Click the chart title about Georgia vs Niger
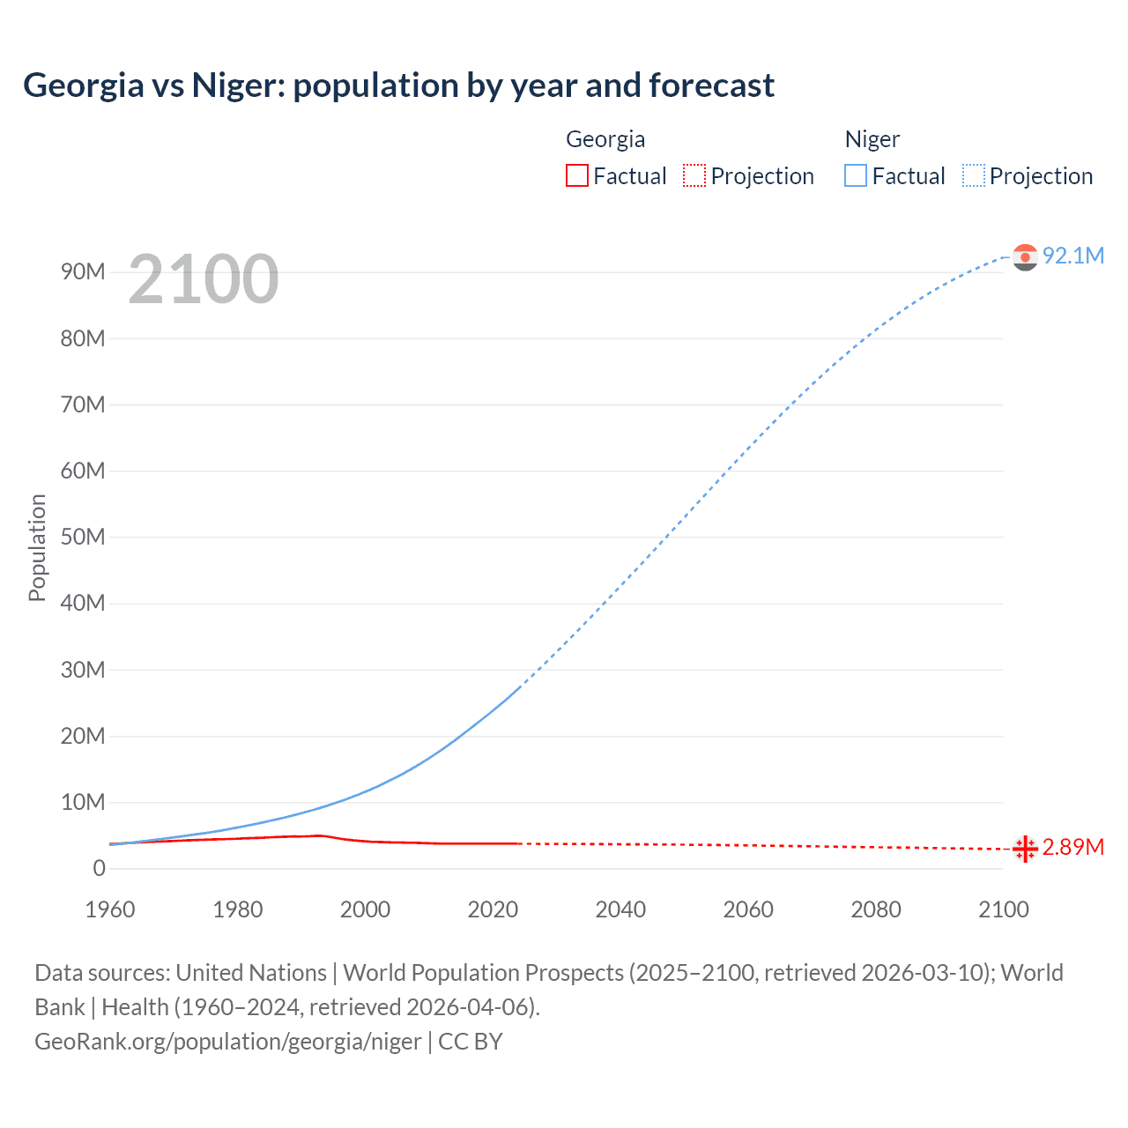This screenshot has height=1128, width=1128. [398, 85]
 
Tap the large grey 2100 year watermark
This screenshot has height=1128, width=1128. [204, 279]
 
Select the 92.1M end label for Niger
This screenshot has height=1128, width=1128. [1072, 256]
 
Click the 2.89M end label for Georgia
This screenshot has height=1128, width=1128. [1072, 847]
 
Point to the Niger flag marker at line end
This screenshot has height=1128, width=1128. [1025, 256]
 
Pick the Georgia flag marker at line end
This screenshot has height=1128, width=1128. [1025, 849]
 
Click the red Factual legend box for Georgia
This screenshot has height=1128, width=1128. [577, 175]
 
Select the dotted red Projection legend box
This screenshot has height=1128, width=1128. [694, 175]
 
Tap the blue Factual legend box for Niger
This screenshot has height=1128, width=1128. [856, 175]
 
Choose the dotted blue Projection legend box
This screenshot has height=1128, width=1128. [974, 175]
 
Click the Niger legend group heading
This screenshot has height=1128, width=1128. [872, 139]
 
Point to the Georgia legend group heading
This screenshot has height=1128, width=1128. [605, 139]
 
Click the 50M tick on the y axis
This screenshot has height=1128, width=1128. [83, 537]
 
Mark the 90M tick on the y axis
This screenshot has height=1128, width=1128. [83, 271]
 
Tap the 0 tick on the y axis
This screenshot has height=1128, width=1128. [99, 868]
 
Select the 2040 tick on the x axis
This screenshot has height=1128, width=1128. [620, 909]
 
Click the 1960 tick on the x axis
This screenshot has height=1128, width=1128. [110, 909]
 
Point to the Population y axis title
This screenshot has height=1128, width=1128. [37, 547]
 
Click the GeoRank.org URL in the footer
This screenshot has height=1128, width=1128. [227, 1042]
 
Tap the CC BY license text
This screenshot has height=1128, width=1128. [471, 1042]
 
